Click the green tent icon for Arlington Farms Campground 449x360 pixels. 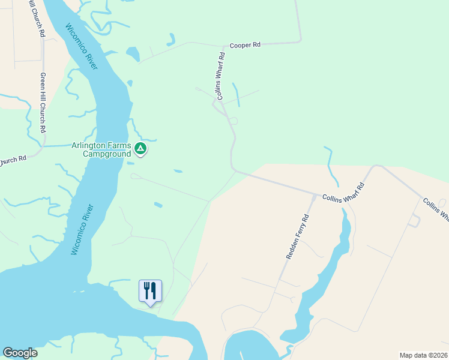[x=140, y=148]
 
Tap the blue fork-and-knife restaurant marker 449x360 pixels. [x=150, y=291]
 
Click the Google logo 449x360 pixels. [x=20, y=353]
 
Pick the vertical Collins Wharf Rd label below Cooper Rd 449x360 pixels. [x=221, y=76]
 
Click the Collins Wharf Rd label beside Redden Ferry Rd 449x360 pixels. [x=343, y=191]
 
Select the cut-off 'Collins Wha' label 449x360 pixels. [x=436, y=211]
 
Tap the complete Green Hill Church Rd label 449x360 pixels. [x=43, y=103]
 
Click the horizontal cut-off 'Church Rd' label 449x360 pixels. [x=13, y=160]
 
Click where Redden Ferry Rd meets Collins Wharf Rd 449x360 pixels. [x=316, y=195]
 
